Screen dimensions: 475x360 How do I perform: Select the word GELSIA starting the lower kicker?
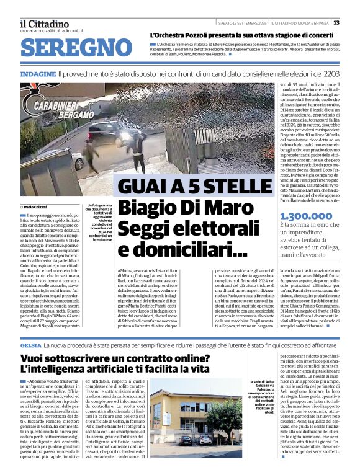pos(30,344)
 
